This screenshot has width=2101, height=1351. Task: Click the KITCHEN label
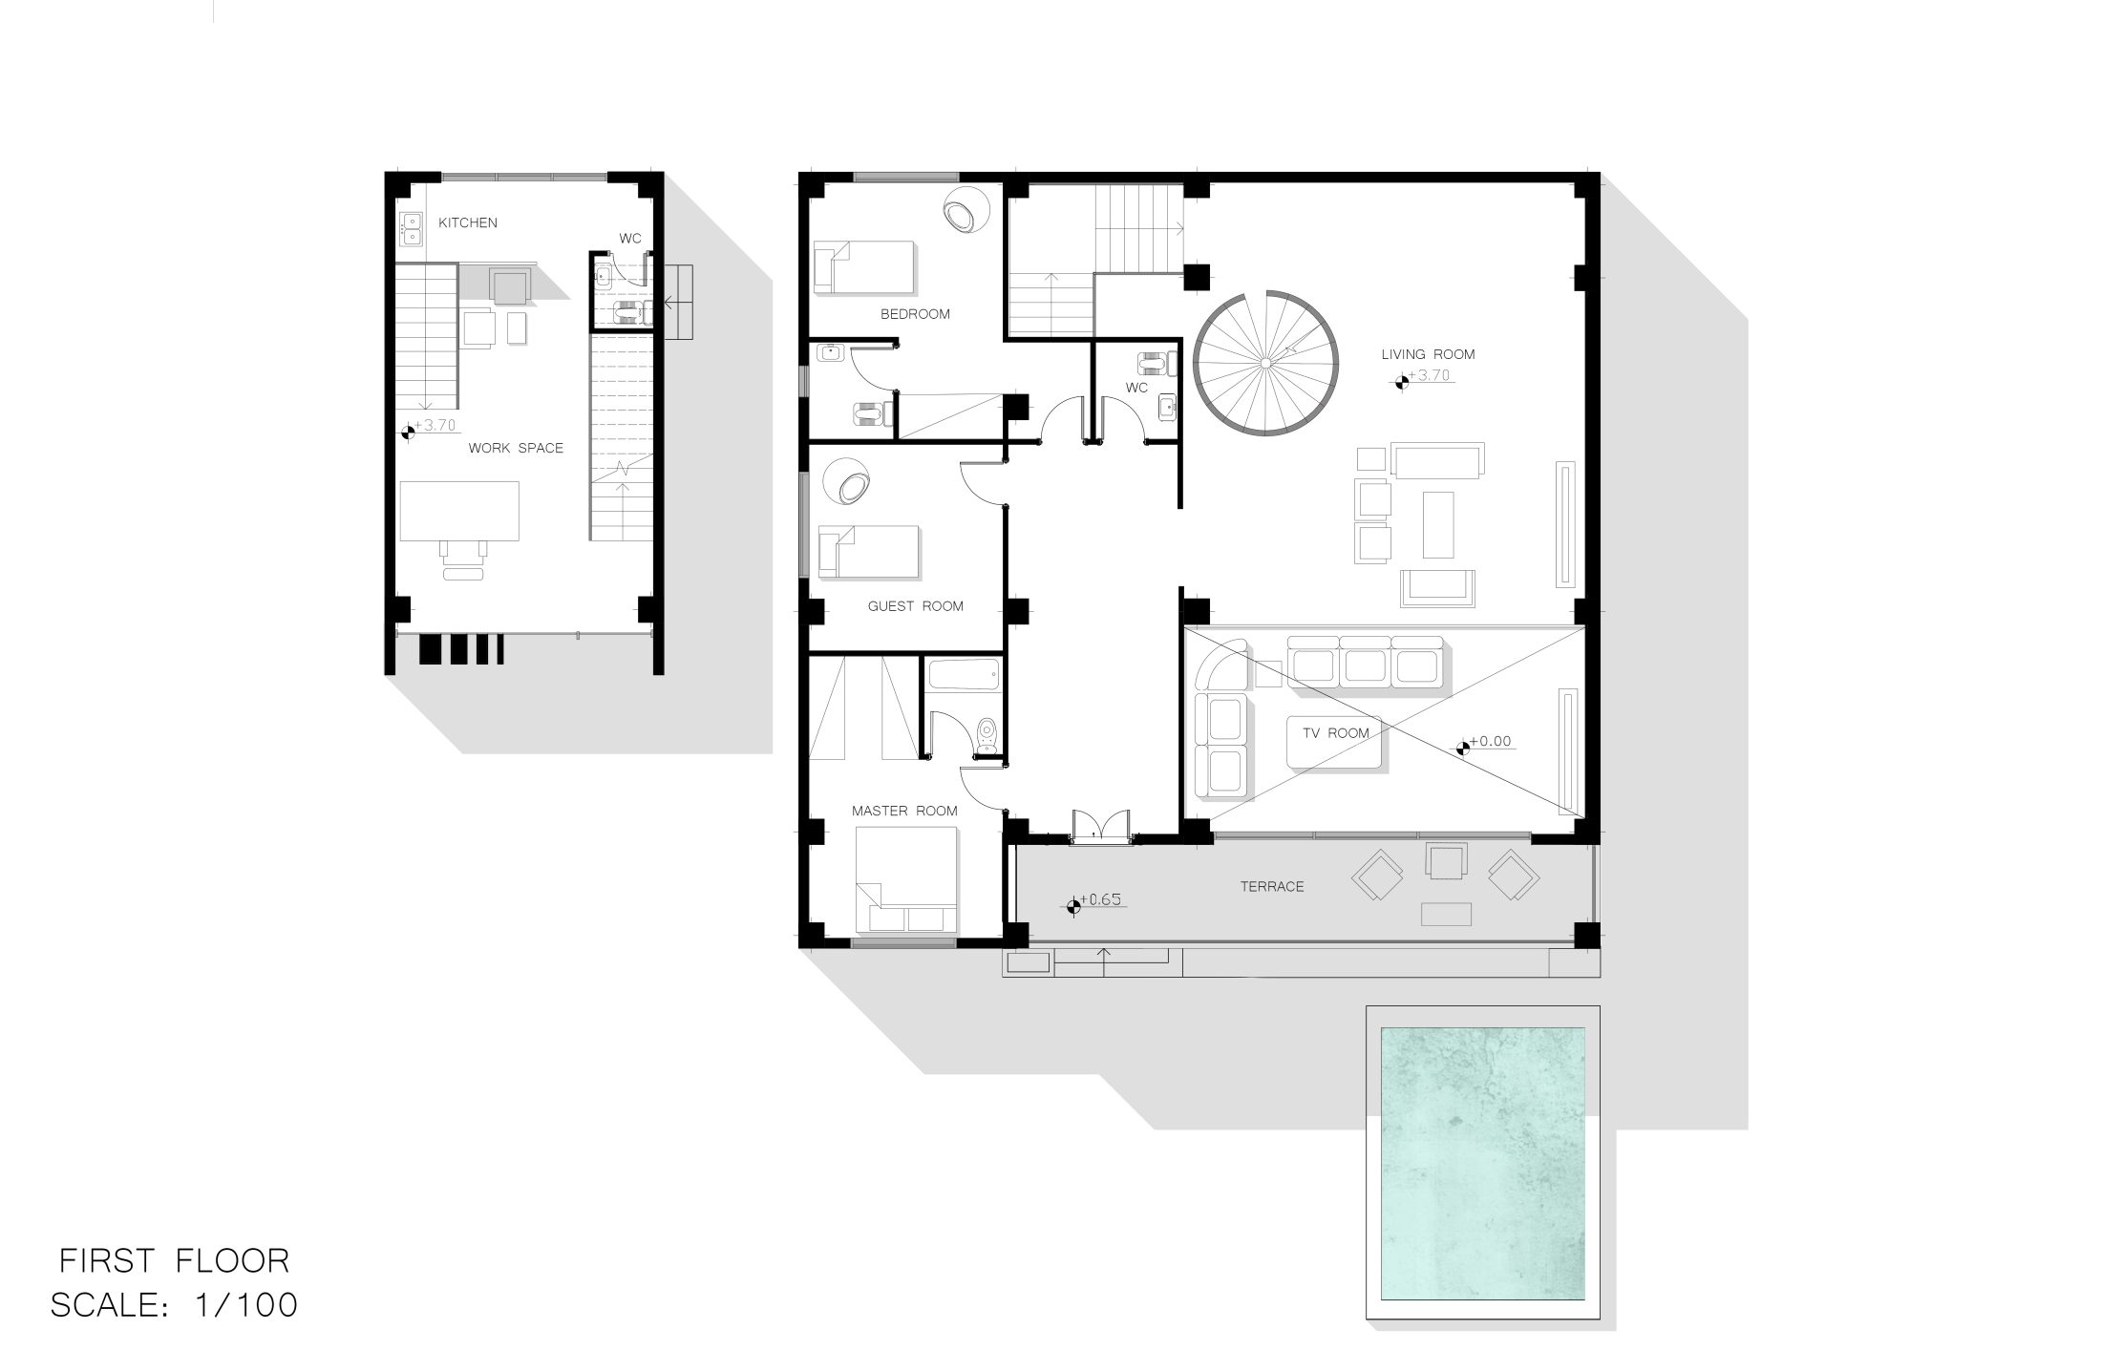(468, 222)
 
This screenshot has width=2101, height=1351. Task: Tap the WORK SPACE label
(516, 448)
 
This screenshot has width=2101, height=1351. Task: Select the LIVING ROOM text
(1428, 354)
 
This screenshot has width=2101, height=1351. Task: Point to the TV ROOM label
(1336, 733)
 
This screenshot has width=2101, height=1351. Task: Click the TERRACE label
(1272, 887)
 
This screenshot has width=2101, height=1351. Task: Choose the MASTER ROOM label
(904, 811)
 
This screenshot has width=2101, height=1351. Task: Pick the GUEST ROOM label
(916, 606)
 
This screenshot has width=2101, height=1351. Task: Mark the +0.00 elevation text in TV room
(1490, 741)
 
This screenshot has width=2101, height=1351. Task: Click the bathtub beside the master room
(964, 677)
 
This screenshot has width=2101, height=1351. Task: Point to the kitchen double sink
(412, 229)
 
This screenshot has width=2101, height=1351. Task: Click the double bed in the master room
(906, 879)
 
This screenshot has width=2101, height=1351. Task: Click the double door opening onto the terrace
(1100, 825)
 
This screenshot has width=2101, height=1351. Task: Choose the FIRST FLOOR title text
(175, 1261)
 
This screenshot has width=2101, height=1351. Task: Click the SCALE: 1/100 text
(175, 1305)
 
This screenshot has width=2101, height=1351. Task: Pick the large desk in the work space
(459, 511)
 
